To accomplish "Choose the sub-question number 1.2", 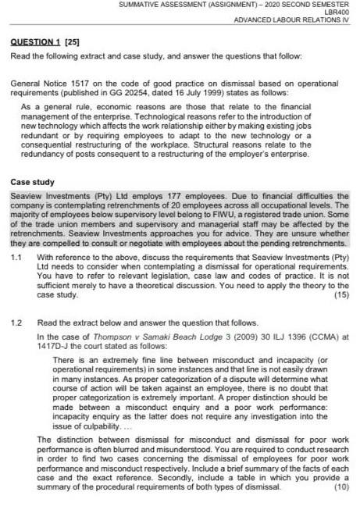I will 17,321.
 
